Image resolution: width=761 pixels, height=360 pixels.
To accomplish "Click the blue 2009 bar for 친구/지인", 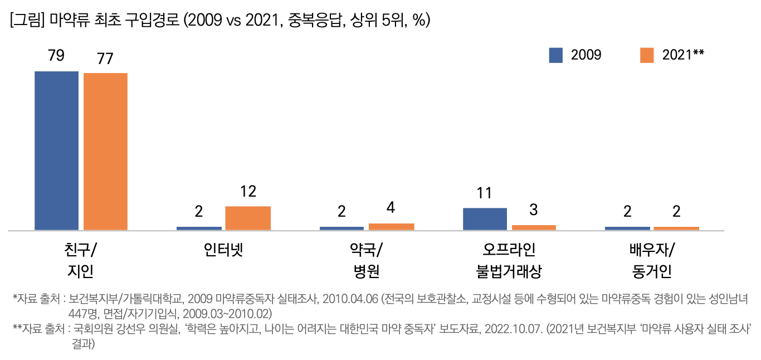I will (56, 150).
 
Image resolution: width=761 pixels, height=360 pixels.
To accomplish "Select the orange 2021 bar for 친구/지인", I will (105, 151).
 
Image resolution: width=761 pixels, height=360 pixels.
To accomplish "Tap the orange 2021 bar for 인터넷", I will (248, 218).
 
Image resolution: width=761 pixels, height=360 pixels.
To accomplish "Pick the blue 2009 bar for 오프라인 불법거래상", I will (485, 218).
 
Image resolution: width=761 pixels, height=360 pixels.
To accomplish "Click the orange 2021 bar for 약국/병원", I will (391, 227).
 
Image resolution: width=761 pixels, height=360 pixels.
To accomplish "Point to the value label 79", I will (56, 56).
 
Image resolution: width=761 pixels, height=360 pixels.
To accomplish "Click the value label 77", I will (105, 59).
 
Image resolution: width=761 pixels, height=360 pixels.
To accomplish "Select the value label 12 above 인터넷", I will (248, 192).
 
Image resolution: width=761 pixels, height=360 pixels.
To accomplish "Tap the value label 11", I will (485, 193).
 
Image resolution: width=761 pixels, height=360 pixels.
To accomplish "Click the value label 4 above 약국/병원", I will (391, 208).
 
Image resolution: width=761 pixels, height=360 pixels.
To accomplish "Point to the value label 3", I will (534, 210).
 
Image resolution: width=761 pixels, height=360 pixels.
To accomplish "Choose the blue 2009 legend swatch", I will (555, 55).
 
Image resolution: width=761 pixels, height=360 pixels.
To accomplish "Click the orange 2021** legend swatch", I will (646, 55).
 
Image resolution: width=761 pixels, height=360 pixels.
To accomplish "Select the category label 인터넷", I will (223, 249).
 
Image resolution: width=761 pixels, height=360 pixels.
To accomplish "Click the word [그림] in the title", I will (27, 21).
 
